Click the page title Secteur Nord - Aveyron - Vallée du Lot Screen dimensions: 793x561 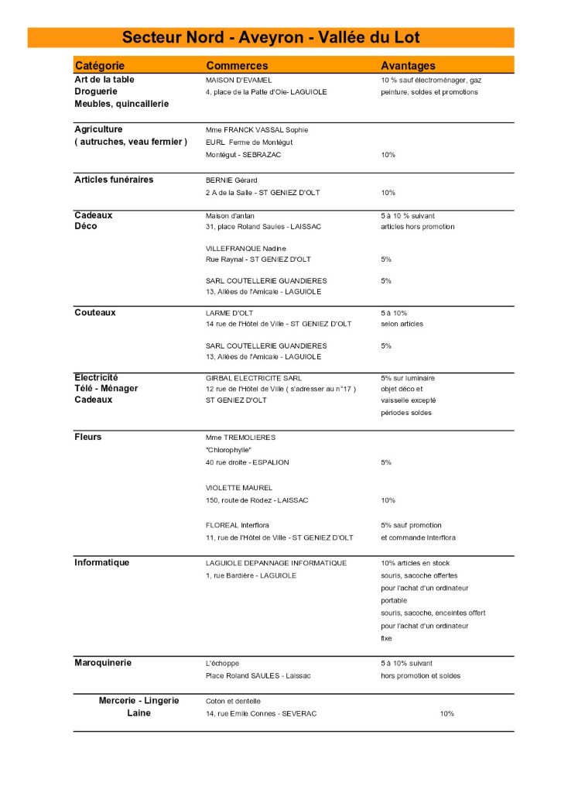271,38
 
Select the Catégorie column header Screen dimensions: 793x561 99,66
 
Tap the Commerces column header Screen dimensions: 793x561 237,66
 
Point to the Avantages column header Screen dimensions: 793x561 408,66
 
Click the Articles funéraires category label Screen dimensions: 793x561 114,180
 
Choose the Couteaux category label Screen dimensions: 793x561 95,312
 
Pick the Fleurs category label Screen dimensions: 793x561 88,437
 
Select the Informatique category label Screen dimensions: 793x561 102,562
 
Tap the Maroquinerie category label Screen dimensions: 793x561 103,663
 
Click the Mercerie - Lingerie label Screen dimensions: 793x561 139,700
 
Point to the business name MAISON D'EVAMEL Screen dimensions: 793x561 238,80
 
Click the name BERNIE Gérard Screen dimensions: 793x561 231,180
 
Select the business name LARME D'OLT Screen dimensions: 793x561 227,313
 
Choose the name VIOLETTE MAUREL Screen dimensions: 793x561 239,488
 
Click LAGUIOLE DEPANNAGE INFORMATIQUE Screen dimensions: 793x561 276,563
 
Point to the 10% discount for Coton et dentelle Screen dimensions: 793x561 446,713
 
